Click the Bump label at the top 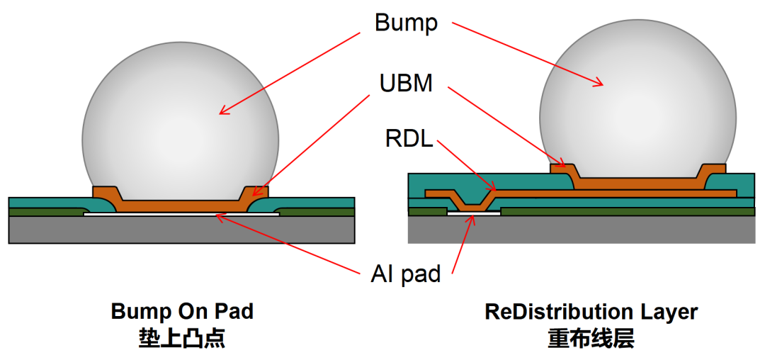[x=406, y=23]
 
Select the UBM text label [x=406, y=84]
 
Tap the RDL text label [x=409, y=140]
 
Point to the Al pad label [x=405, y=275]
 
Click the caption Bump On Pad [x=183, y=311]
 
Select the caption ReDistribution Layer [x=591, y=312]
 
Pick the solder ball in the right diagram [x=637, y=103]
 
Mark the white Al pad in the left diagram [x=181, y=213]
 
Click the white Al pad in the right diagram [x=474, y=213]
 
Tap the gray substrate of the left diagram [x=181, y=230]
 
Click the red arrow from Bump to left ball [x=290, y=73]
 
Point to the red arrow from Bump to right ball [x=528, y=54]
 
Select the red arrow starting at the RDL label [x=467, y=166]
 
